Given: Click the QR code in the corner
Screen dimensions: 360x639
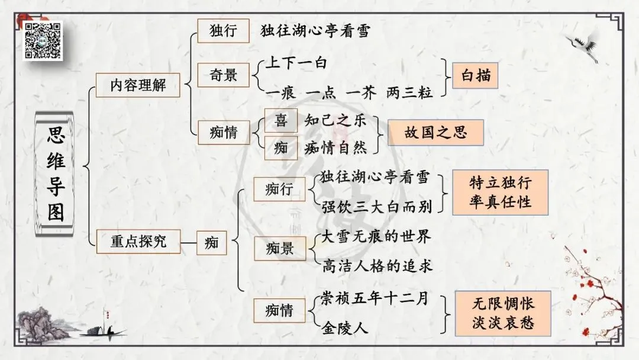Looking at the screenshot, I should pyautogui.click(x=43, y=41).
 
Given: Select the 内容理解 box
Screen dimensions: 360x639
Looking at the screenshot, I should pyautogui.click(x=138, y=86).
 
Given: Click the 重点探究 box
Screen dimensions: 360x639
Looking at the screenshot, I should pyautogui.click(x=138, y=241).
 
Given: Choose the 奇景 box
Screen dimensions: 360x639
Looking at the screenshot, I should pyautogui.click(x=223, y=75).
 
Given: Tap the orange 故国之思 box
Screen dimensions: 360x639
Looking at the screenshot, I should pyautogui.click(x=435, y=132).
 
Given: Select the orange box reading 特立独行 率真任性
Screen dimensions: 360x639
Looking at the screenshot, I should pyautogui.click(x=500, y=191).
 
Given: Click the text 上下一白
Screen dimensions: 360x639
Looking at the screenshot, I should pyautogui.click(x=295, y=63).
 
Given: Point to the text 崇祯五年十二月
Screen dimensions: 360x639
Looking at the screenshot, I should pyautogui.click(x=374, y=298).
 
